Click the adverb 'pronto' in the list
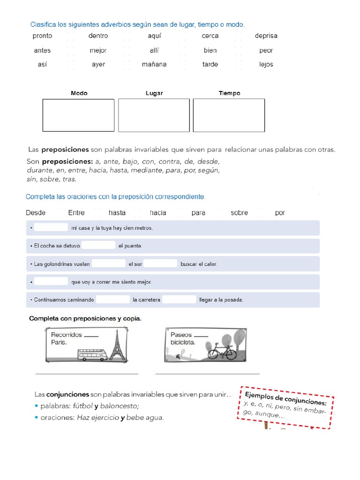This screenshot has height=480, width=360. coord(42,36)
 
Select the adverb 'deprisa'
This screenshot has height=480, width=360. coord(266,36)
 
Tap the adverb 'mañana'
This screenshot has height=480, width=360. coord(154,65)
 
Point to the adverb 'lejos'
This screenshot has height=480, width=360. coord(266,65)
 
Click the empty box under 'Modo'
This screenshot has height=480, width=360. coord(78,115)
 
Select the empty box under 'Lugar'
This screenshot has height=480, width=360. coord(154,115)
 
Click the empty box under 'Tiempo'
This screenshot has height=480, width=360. coord(229,115)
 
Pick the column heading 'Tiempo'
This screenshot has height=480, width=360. coord(229,93)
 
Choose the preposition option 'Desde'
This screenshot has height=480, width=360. coord(36,213)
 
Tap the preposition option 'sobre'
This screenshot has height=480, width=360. coord(239,213)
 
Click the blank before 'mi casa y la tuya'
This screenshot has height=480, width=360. coord(51,228)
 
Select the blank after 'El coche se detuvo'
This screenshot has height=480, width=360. coord(98,246)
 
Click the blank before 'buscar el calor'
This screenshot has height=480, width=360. coord(160,264)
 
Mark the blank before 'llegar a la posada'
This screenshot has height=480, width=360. coord(179,300)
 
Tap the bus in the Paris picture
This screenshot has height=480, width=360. coord(92,355)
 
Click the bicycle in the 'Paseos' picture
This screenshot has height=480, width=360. coord(222,351)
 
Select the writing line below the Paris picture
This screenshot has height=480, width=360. coord(87,374)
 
